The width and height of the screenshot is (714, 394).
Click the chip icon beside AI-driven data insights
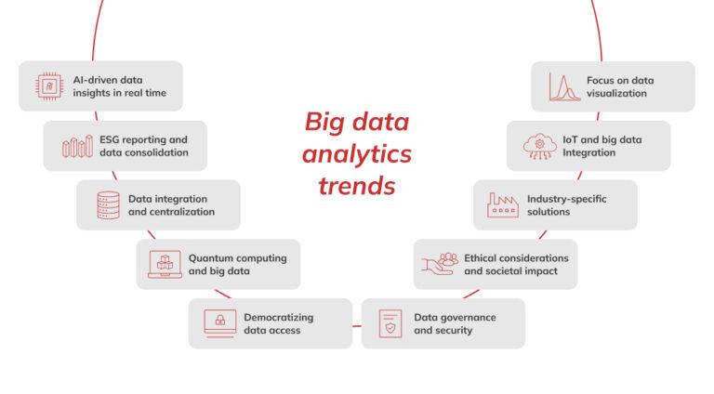(x=47, y=86)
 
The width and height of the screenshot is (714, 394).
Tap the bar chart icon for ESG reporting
(x=76, y=146)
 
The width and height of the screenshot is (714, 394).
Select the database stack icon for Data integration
(x=109, y=205)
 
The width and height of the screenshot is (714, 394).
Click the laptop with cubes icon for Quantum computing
(x=165, y=264)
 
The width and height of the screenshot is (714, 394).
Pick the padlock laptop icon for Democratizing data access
(x=220, y=322)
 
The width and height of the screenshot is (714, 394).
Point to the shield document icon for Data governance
(x=390, y=323)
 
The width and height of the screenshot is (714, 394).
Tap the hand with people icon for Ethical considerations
(x=442, y=264)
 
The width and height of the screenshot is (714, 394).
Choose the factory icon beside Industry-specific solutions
(x=502, y=205)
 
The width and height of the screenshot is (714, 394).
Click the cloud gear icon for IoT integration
(x=538, y=146)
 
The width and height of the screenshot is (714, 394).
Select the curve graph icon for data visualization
(x=563, y=86)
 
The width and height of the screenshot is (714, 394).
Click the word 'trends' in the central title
(x=357, y=186)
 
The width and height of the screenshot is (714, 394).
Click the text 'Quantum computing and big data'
(x=237, y=265)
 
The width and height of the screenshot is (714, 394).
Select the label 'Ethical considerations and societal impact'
(x=516, y=265)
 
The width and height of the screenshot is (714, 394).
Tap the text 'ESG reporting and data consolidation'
(x=143, y=146)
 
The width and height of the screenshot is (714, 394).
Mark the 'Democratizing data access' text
(x=279, y=323)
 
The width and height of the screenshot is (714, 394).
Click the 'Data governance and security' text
(x=455, y=323)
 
